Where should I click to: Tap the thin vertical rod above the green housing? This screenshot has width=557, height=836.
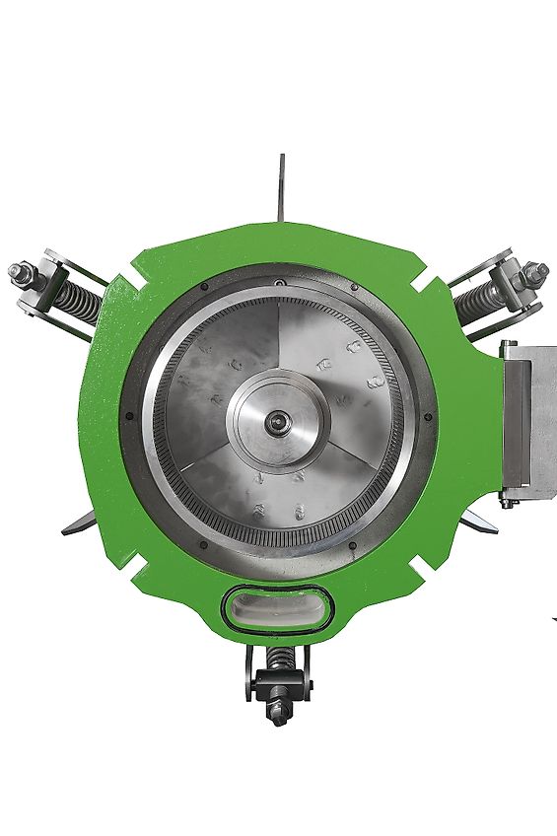pos(282,188)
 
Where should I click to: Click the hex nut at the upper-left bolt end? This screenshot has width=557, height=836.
pos(19,271)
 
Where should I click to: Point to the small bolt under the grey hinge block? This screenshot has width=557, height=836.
pos(508,503)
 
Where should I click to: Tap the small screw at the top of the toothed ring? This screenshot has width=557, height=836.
pos(281,285)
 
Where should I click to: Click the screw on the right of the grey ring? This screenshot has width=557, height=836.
pos(431,417)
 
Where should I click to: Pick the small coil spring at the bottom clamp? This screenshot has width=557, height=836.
pos(278,658)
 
